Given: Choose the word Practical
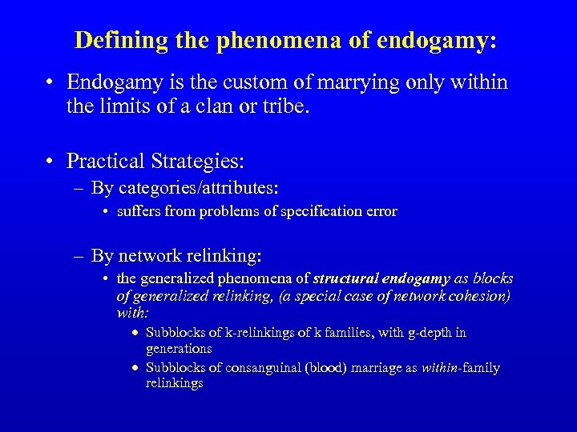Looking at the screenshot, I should pyautogui.click(x=105, y=162).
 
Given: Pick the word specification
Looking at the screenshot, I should pyautogui.click(x=312, y=212).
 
